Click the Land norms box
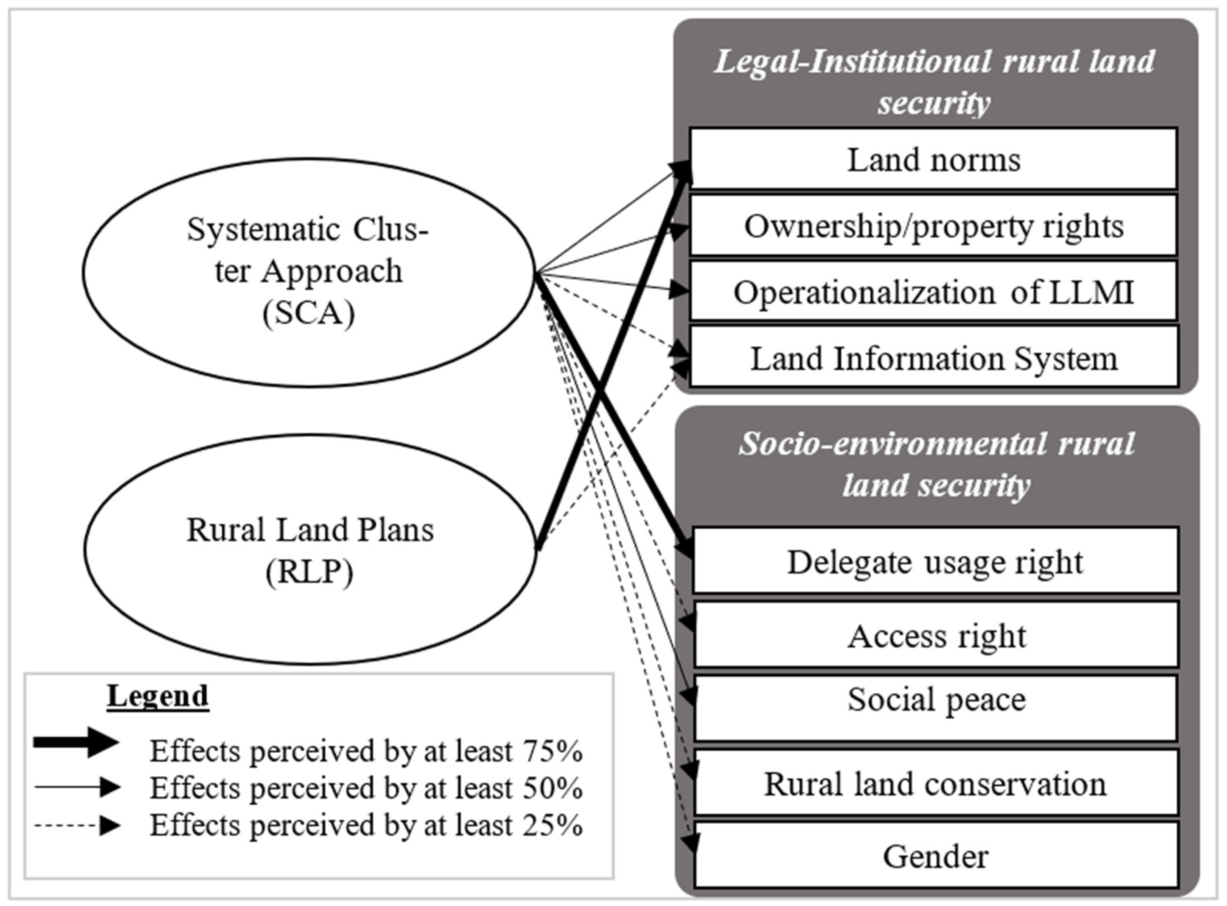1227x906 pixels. click(x=934, y=160)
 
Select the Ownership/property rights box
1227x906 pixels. click(x=934, y=226)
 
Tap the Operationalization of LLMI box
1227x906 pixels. click(x=934, y=292)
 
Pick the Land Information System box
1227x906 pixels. click(x=934, y=359)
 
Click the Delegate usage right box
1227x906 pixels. click(x=935, y=561)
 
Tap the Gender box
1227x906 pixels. click(x=935, y=856)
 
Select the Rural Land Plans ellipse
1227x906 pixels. click(x=310, y=550)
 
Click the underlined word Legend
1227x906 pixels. click(x=158, y=696)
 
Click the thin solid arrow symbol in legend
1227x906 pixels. click(x=77, y=788)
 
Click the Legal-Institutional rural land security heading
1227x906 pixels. click(x=934, y=82)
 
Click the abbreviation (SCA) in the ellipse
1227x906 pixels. click(x=308, y=314)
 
